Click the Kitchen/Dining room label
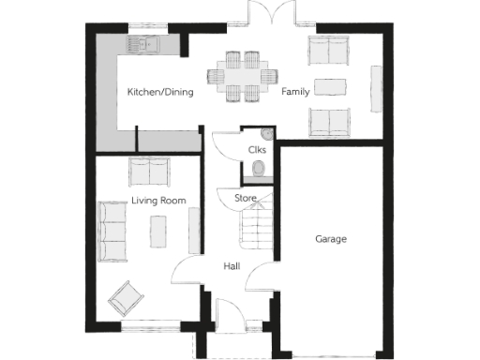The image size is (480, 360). coord(161,92)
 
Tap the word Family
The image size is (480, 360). coord(296,91)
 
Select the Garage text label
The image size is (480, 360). coord(330,239)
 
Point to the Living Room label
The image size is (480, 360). coord(158,201)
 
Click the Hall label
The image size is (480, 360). coord(232,266)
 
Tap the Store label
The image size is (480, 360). coord(245,198)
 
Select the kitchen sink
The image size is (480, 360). coord(147,44)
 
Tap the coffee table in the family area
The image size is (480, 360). coord(331,86)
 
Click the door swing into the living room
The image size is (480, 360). coord(185,274)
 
